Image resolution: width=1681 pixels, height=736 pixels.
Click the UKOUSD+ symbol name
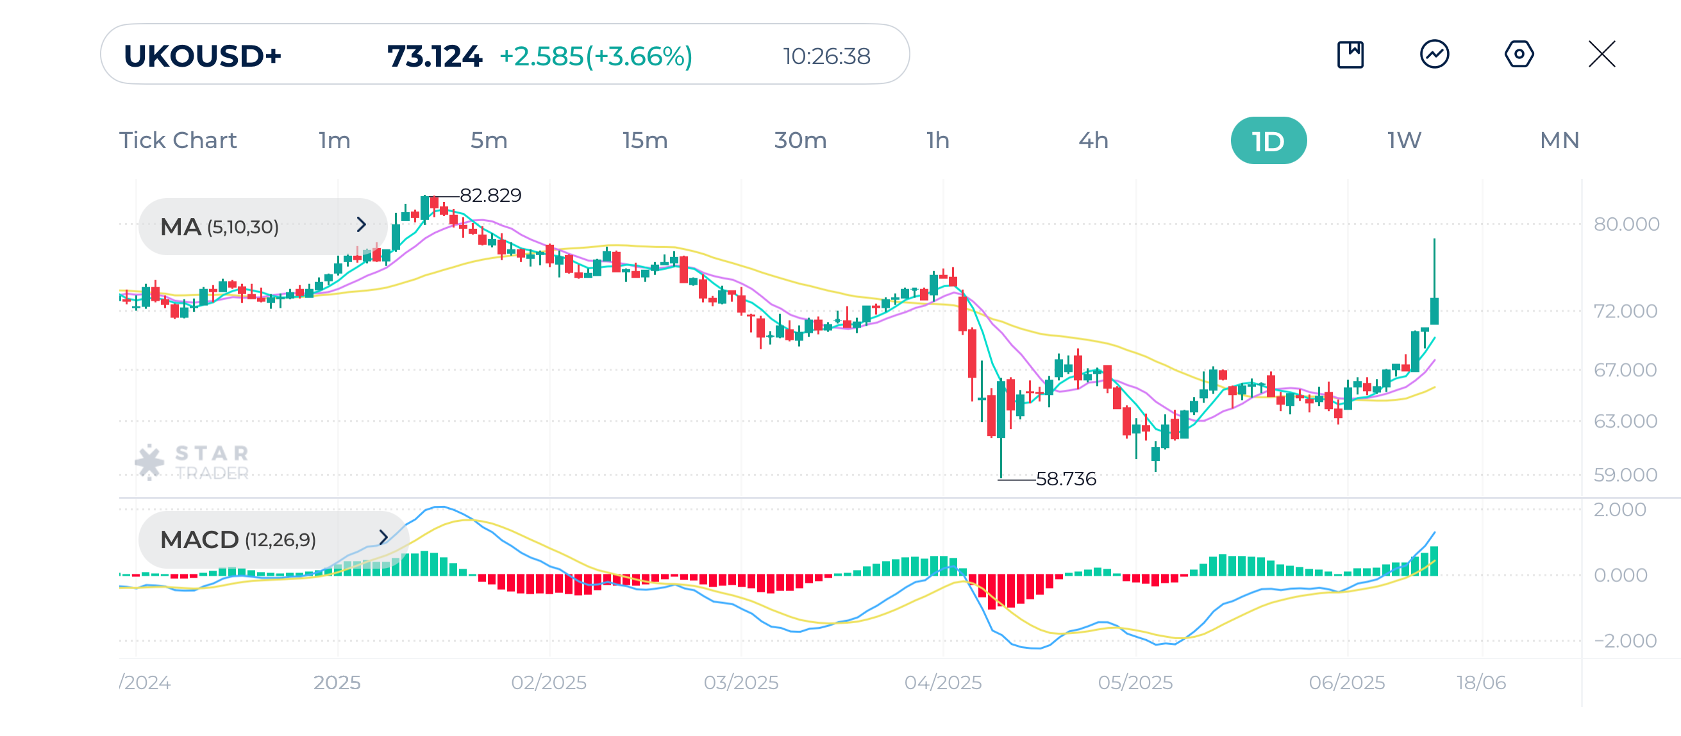(x=203, y=56)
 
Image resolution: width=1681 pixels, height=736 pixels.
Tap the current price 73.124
(x=434, y=56)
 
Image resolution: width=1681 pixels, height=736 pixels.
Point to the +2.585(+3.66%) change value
(x=595, y=56)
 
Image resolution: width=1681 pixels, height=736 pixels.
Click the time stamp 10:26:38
(x=826, y=56)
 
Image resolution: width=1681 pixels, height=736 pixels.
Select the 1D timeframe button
(x=1268, y=140)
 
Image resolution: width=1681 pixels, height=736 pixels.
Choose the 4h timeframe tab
(x=1093, y=140)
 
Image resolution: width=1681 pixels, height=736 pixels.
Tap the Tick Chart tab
(x=178, y=140)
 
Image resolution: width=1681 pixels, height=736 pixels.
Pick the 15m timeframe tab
(x=645, y=140)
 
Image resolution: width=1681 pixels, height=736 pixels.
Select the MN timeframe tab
(x=1559, y=140)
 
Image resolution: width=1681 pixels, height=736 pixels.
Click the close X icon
(x=1602, y=54)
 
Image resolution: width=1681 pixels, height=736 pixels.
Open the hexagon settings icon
(x=1519, y=54)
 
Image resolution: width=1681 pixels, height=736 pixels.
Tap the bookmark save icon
(x=1350, y=54)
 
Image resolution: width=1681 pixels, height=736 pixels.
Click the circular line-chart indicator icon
(x=1434, y=54)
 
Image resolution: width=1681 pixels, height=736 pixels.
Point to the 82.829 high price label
(x=490, y=195)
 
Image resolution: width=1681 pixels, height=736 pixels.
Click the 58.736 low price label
(x=1066, y=479)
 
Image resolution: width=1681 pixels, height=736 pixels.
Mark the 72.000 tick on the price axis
(x=1625, y=310)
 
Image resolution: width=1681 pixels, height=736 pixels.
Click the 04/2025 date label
(x=942, y=683)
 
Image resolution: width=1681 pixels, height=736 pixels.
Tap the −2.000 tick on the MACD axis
(x=1625, y=640)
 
